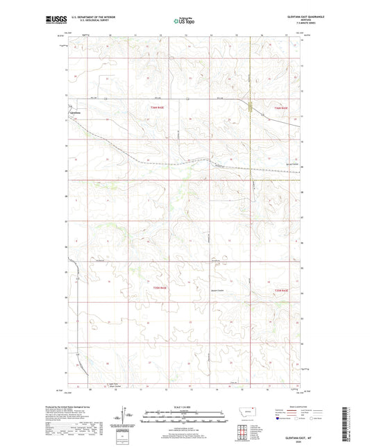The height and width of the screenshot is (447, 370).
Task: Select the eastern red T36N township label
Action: (x=280, y=108)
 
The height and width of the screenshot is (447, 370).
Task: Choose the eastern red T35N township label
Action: (x=280, y=289)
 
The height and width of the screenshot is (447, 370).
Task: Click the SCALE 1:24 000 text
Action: (x=184, y=407)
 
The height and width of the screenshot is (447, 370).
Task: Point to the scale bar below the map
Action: (x=184, y=418)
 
